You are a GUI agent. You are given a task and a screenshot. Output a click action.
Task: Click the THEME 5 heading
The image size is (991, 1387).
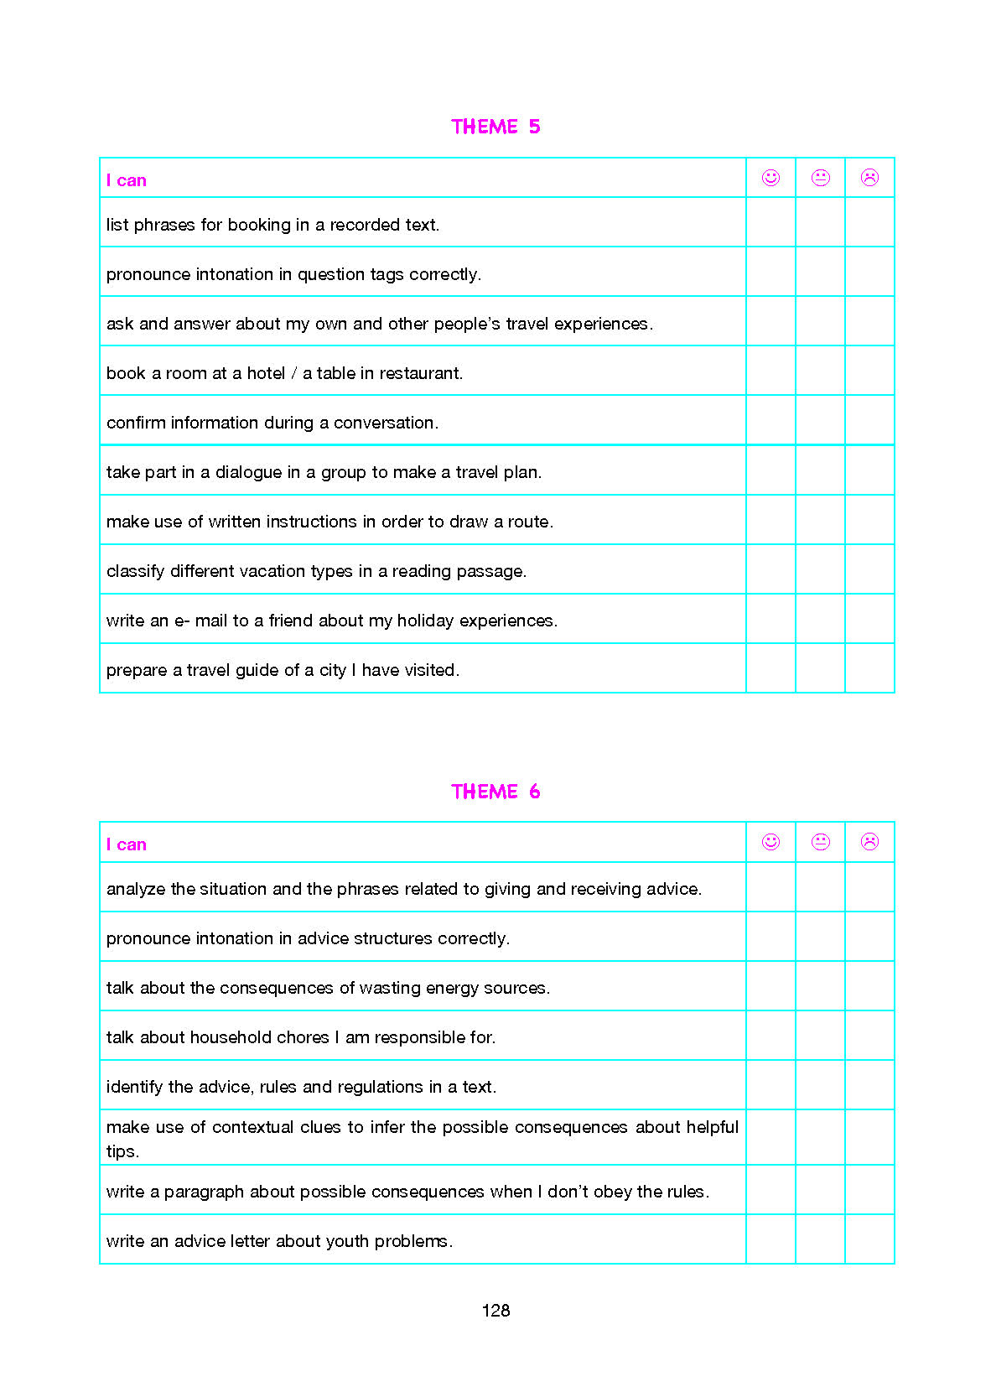[496, 127]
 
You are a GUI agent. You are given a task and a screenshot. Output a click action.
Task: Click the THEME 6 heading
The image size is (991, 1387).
[496, 792]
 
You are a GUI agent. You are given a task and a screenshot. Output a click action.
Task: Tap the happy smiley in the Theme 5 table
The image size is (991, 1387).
[770, 178]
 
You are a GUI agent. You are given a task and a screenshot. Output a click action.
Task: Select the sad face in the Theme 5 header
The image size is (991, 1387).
[869, 178]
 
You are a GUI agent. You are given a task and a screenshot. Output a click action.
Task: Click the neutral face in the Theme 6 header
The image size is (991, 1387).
[820, 842]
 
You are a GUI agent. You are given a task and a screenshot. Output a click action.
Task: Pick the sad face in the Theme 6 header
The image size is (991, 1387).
[869, 842]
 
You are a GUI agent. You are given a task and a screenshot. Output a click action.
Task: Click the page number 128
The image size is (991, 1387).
[496, 1311]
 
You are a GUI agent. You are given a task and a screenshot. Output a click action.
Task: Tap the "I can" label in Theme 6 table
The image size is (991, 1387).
[127, 844]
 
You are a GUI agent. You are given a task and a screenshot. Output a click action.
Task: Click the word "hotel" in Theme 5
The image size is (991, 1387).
[266, 373]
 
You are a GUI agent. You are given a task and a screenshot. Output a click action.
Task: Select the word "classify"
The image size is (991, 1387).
[135, 571]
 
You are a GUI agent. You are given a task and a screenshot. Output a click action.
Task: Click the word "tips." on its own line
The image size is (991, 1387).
[122, 1151]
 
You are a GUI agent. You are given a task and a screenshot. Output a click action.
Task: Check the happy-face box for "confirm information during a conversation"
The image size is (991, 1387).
[770, 420]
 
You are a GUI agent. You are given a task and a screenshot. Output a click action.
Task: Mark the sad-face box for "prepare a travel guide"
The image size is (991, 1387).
[869, 668]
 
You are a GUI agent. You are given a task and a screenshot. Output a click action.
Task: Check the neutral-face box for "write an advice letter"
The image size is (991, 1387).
[820, 1239]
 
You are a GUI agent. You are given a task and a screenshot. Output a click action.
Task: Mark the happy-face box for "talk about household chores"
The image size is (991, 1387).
[770, 1036]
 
